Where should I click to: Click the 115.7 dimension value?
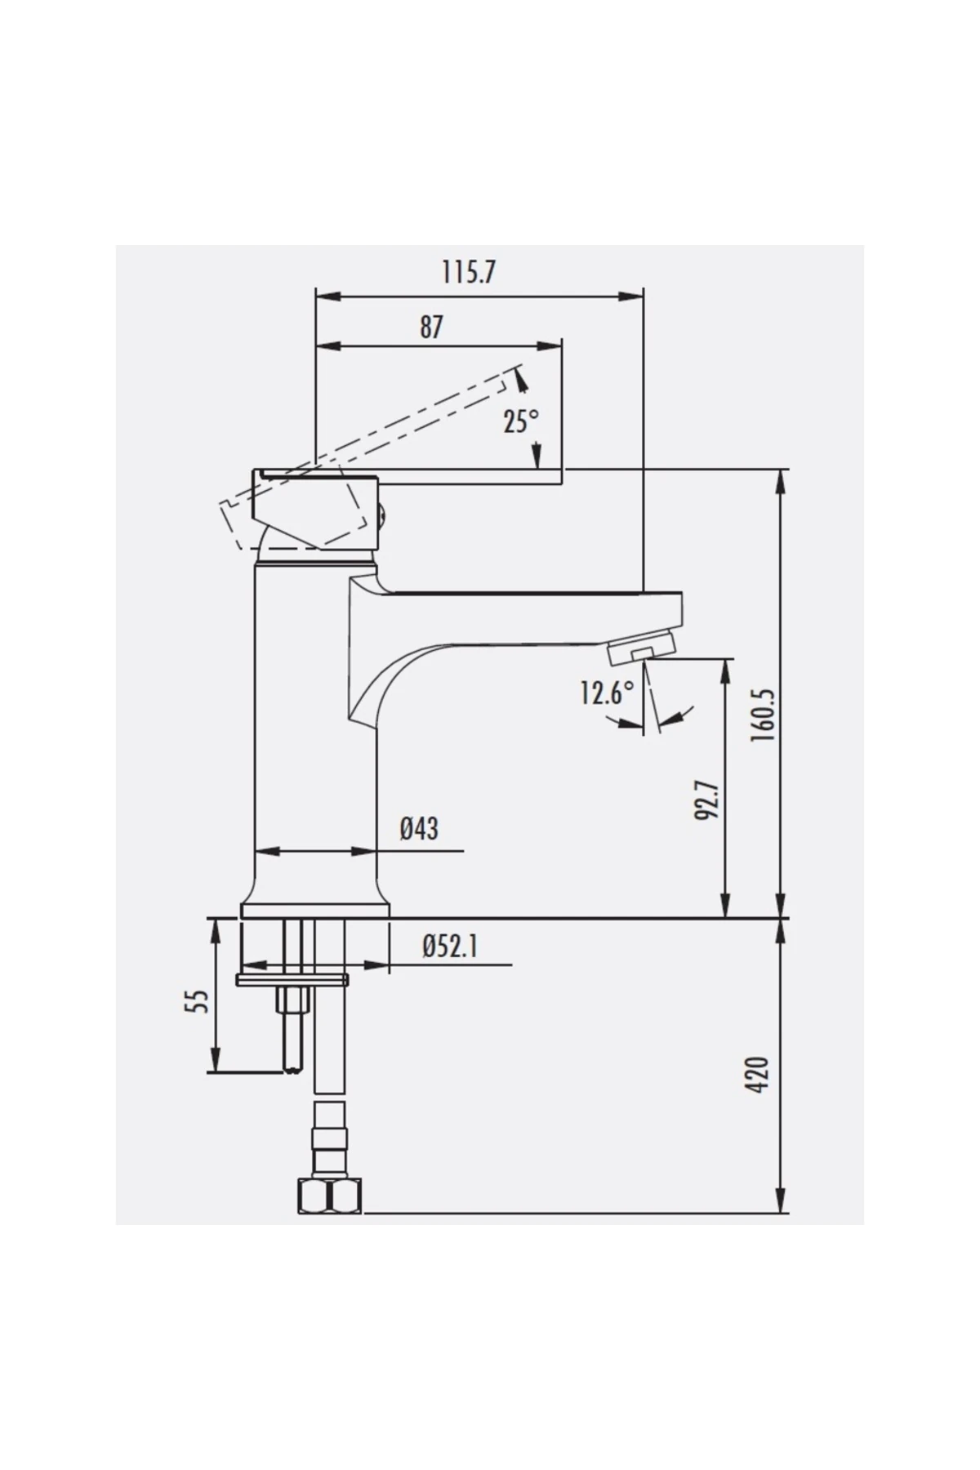click(x=468, y=272)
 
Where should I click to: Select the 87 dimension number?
click(x=431, y=327)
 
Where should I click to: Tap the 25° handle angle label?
click(x=520, y=422)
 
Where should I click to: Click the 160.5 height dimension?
click(x=761, y=715)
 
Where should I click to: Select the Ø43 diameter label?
click(x=418, y=829)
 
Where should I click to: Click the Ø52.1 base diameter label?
click(x=449, y=947)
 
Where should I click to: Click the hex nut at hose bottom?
click(x=327, y=1197)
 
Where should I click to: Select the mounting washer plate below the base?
click(x=292, y=980)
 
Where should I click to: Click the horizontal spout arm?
click(x=531, y=608)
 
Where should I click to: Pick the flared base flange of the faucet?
click(x=314, y=909)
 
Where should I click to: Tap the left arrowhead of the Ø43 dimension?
click(x=265, y=851)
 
